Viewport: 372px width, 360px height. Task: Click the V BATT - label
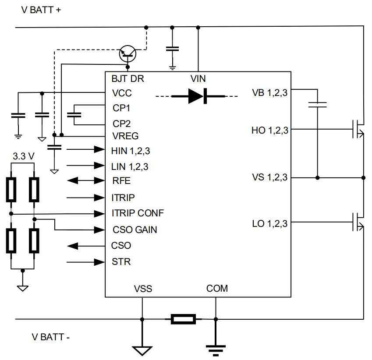point(51,337)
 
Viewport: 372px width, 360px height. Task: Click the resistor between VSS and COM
point(183,319)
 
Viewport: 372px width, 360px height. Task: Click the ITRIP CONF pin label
point(138,213)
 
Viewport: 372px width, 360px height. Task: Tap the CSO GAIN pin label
point(135,229)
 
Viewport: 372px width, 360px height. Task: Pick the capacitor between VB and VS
point(317,105)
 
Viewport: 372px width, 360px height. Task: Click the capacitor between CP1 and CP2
point(74,115)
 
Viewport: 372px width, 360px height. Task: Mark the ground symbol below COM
point(216,348)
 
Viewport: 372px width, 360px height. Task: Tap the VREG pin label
point(125,136)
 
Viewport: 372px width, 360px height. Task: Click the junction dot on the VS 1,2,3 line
point(317,177)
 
